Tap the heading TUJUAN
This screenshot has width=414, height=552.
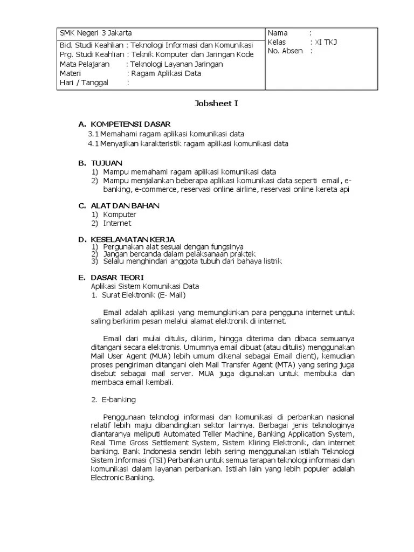107,163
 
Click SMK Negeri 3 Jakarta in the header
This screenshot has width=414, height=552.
95,33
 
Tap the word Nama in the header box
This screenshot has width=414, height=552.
278,33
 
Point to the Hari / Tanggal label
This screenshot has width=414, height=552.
84,82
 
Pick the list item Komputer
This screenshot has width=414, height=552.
120,215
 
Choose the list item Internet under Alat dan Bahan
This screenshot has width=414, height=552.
117,223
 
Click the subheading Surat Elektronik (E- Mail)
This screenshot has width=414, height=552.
143,295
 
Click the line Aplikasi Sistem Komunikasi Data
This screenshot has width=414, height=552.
144,286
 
